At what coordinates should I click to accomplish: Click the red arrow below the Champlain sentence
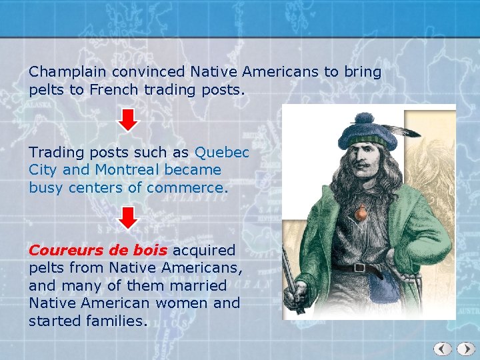129,119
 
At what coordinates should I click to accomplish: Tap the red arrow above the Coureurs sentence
129,217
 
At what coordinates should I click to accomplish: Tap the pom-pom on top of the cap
366,118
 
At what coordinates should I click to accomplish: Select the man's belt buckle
359,268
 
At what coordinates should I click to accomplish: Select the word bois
153,251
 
